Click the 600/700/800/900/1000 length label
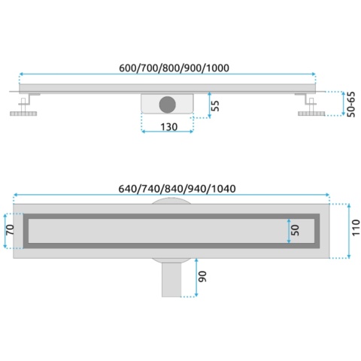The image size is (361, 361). coord(174,68)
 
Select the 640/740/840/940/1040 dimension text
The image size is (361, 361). coord(177,189)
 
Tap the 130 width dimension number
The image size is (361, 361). coord(169,127)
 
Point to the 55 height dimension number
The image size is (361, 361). coord(215,105)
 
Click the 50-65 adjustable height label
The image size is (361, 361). coord(351,105)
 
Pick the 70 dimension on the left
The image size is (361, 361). coord(11,229)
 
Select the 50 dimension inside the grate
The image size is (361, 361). coord(295,230)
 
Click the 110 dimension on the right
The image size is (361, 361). coord(356,227)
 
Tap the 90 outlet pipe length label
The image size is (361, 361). coord(202,277)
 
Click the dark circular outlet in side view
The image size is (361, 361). coord(168,105)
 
